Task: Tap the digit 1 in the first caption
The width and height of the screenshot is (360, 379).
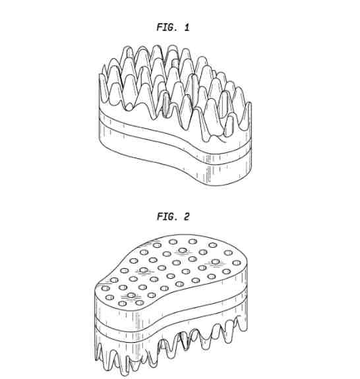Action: click(x=187, y=27)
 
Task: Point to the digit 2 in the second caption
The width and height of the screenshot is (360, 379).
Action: click(x=187, y=216)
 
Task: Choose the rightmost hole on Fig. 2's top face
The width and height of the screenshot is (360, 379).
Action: click(x=236, y=263)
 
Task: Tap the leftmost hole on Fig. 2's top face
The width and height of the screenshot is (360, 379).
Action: click(x=105, y=288)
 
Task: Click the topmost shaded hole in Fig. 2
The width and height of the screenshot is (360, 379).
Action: click(x=183, y=250)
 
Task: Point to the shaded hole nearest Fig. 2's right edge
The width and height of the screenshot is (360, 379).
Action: click(x=215, y=262)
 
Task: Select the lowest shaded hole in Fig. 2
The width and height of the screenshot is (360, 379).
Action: click(x=131, y=295)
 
